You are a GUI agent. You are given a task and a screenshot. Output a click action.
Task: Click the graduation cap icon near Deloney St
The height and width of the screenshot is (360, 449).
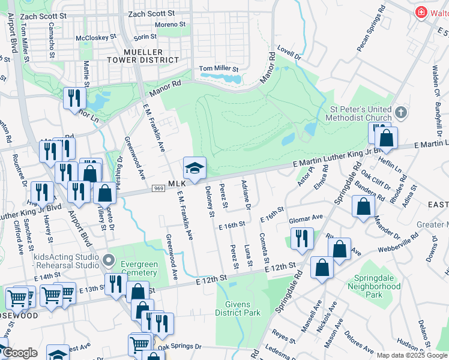click(194, 168)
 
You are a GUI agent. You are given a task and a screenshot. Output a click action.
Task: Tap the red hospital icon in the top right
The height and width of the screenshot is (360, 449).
click(421, 12)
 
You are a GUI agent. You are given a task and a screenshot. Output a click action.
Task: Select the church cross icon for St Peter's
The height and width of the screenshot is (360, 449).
click(401, 112)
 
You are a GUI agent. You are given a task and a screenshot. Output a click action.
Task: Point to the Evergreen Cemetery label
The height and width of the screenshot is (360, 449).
click(139, 268)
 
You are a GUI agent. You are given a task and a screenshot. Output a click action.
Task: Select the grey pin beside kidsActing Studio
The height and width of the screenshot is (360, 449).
click(108, 260)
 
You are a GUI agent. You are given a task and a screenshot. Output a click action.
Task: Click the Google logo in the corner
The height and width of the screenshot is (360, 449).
click(19, 353)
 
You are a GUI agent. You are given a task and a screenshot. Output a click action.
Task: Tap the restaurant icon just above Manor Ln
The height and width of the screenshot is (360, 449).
click(74, 98)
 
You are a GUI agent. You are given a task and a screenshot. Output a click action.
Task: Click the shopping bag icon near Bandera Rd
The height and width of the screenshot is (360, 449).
click(364, 207)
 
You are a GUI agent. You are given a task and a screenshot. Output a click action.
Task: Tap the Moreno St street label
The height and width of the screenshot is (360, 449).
click(170, 25)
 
